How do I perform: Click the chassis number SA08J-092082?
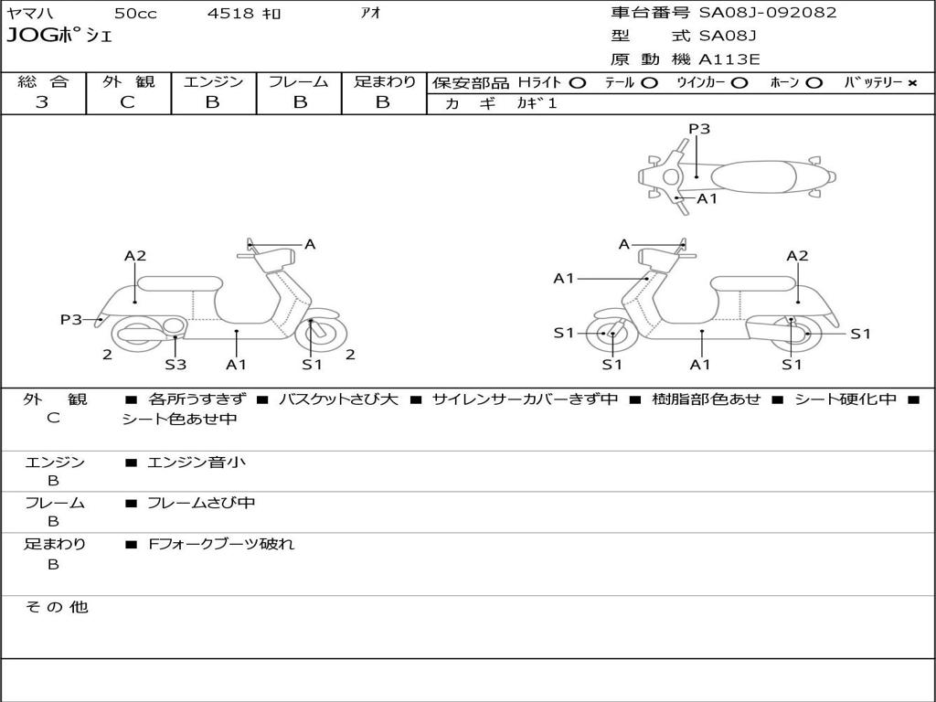768,13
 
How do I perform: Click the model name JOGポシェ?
59,37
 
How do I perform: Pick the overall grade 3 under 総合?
42,102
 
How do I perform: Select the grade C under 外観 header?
127,102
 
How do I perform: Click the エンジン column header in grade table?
213,82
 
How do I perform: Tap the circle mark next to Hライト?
577,83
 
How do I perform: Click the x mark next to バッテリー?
911,83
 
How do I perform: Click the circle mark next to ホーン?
814,83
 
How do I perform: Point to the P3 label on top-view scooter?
699,129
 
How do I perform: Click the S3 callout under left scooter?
175,365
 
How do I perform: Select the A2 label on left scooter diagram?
135,256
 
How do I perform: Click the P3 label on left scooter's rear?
70,319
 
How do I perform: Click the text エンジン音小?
196,463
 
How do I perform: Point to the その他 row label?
56,607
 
